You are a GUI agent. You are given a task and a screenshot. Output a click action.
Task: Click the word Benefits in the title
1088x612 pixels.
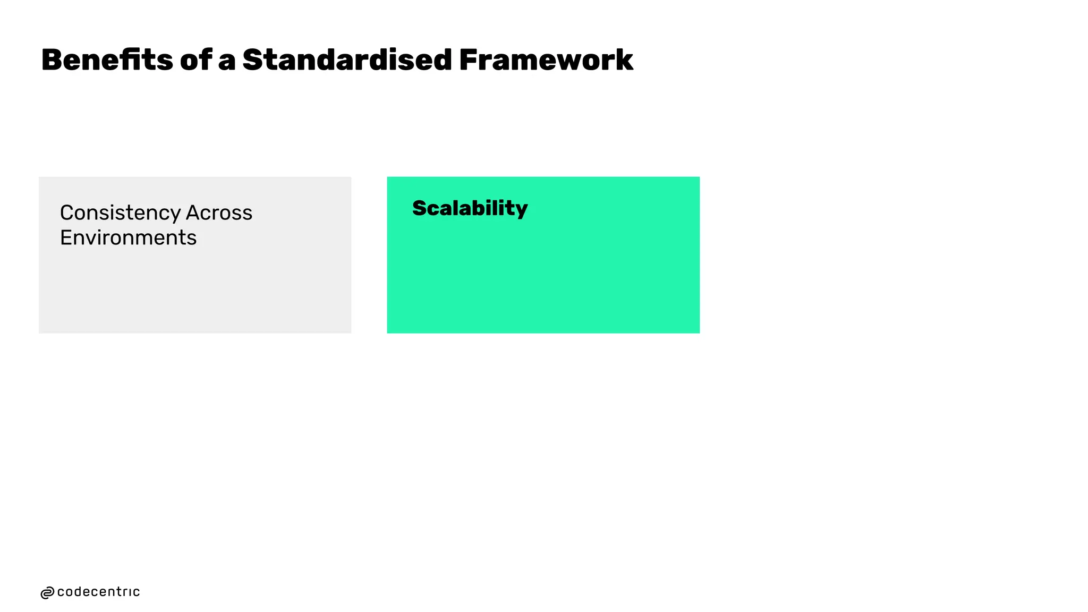point(107,59)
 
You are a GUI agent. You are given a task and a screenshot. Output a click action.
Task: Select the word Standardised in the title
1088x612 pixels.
point(347,59)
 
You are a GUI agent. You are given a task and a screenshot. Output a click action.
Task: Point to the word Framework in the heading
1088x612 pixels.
point(546,59)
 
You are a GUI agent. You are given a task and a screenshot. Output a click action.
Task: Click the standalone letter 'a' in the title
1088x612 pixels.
point(227,61)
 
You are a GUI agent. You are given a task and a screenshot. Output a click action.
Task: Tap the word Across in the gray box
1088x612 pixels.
point(219,213)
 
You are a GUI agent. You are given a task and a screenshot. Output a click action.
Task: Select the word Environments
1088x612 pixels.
point(128,237)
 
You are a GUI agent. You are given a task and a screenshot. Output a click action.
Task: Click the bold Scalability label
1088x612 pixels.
point(470,208)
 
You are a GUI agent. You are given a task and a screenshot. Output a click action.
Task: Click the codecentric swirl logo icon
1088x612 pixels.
point(47,593)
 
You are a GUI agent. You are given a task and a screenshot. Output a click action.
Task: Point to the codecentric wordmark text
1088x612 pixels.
point(98,592)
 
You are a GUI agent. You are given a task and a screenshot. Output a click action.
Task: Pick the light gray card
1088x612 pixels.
point(195,287)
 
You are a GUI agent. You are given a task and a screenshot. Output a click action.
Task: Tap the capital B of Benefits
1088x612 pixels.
point(53,59)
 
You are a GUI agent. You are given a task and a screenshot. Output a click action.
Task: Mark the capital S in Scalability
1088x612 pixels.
point(420,208)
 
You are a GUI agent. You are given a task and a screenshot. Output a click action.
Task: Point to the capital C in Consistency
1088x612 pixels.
point(67,213)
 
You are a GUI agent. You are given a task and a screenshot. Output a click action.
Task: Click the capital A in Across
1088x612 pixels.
point(178,213)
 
